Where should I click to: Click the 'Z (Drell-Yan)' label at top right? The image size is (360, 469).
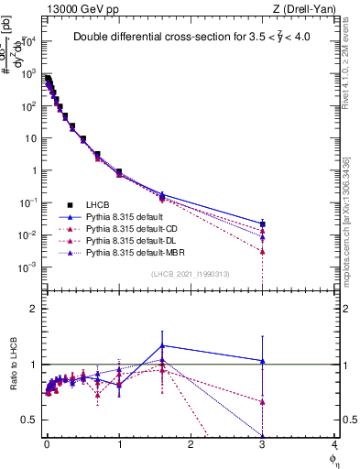(x=308, y=10)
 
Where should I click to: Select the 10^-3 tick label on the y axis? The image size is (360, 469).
(x=27, y=267)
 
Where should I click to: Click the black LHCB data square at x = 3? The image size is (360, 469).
(x=263, y=224)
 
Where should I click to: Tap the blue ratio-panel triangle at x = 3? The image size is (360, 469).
(x=263, y=361)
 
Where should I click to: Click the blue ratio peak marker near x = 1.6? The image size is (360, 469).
(x=162, y=346)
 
